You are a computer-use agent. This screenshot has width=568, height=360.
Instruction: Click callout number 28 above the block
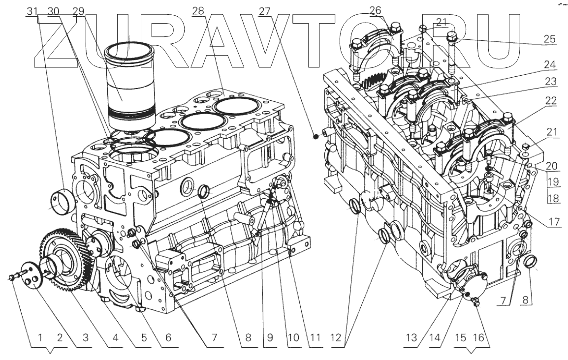[199, 11]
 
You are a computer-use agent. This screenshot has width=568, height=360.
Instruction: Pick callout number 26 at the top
[376, 11]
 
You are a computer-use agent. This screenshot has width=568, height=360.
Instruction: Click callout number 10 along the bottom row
[294, 338]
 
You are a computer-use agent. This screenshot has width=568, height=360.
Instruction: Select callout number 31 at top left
[32, 11]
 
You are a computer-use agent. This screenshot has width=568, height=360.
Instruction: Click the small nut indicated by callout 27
[316, 134]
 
